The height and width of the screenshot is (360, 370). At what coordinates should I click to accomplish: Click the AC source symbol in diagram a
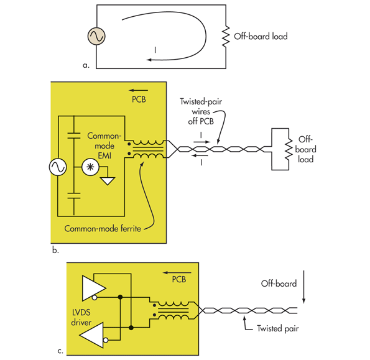(x=98, y=37)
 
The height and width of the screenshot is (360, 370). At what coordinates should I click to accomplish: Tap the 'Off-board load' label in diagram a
(x=261, y=37)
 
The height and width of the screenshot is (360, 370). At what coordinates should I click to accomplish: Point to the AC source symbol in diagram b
(x=60, y=167)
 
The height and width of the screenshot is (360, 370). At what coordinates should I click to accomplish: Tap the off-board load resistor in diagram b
(x=288, y=149)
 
